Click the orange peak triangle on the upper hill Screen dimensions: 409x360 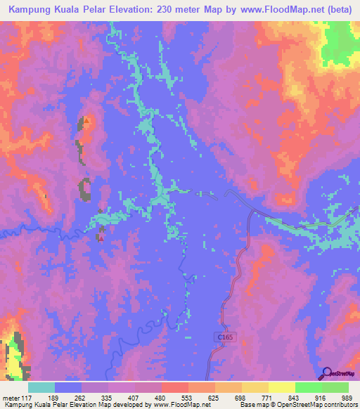pos(86,121)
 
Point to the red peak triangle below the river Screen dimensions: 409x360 pos(101,238)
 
